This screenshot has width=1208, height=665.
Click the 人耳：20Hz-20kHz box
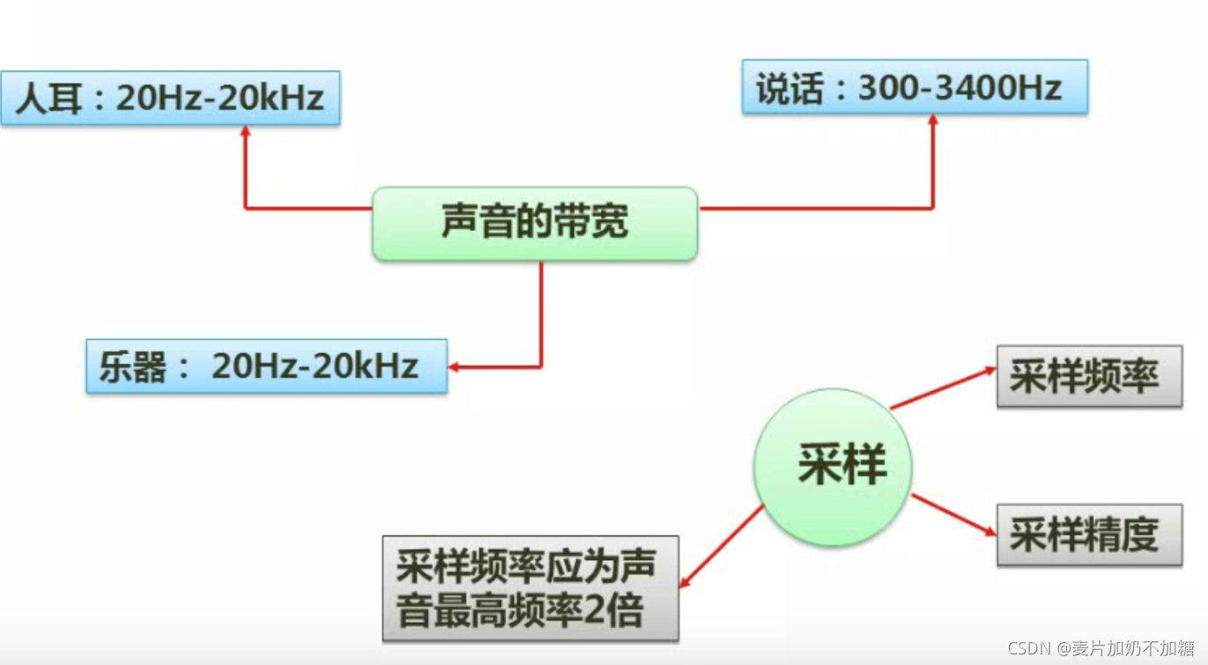(170, 98)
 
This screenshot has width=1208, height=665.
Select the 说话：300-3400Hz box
(915, 88)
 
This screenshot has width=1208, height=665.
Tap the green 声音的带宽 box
(535, 224)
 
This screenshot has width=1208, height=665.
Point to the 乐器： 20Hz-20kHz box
(266, 366)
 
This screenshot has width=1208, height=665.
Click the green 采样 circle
(833, 466)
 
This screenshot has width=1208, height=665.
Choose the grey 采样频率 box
(1089, 377)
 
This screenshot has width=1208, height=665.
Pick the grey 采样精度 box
(1089, 535)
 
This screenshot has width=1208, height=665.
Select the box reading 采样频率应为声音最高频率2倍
(530, 587)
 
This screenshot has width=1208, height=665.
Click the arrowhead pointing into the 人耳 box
(245, 131)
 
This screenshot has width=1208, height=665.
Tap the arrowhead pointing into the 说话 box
(933, 120)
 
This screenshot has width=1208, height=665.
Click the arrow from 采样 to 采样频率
(943, 388)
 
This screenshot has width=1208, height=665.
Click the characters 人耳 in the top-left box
(49, 98)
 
